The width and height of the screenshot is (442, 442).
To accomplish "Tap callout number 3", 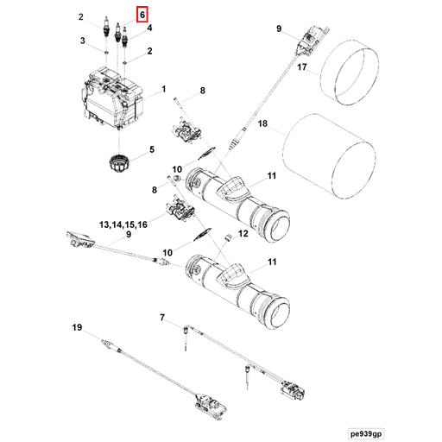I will (x=82, y=41).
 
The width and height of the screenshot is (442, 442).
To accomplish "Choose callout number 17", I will (x=301, y=66).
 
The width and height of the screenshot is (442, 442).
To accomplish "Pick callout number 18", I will (x=264, y=124).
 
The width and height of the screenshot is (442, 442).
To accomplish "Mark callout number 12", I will (x=243, y=233).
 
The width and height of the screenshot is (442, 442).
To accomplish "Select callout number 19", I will (x=77, y=327).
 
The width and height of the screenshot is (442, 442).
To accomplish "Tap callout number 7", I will (x=161, y=319).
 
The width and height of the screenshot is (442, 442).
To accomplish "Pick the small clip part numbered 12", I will (x=228, y=237).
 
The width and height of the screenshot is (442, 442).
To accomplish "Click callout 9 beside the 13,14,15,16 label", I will (x=128, y=235).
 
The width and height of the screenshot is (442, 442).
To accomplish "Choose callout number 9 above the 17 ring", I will (x=279, y=30).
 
